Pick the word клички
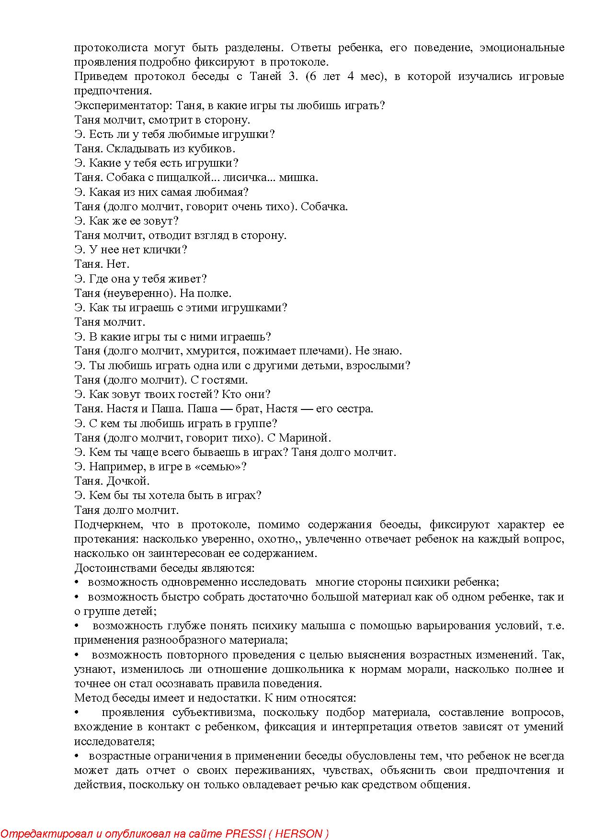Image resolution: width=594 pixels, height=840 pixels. click(168, 250)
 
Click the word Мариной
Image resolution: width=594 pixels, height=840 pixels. click(305, 438)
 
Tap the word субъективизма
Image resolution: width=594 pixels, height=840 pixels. click(209, 713)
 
